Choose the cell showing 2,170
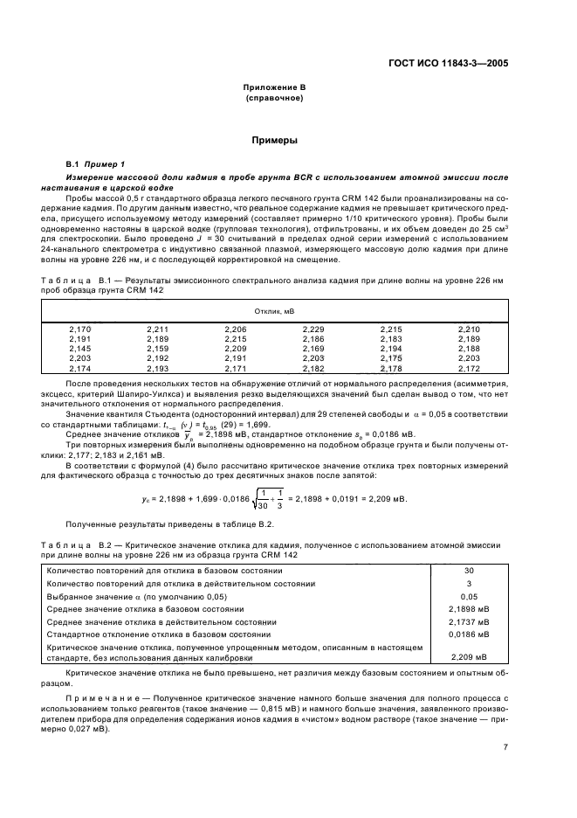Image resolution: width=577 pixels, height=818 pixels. [79, 329]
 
